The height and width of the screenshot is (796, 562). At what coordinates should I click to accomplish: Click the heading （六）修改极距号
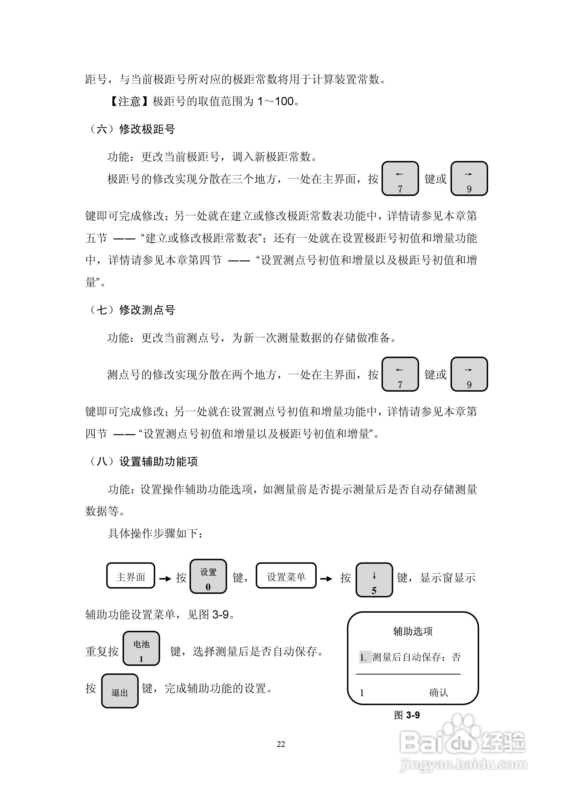coord(131,129)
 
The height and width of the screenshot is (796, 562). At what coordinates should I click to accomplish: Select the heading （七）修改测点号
coord(131,310)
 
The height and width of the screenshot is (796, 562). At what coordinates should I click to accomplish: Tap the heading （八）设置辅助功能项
coord(142,461)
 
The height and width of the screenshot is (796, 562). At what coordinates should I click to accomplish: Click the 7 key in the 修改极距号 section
coord(400,178)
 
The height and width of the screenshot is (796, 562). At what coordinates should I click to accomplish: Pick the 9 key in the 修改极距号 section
coord(469,178)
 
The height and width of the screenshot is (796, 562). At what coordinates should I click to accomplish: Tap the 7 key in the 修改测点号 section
coord(400,374)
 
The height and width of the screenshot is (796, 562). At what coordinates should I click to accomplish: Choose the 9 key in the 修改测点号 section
coord(469,374)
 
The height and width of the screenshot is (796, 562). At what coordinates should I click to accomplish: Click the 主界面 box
coord(131,575)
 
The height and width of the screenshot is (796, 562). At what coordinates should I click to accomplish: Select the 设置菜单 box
coord(286,575)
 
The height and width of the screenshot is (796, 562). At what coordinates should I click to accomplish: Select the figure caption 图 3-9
coord(407,715)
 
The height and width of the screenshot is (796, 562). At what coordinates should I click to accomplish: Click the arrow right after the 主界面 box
coord(165,578)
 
